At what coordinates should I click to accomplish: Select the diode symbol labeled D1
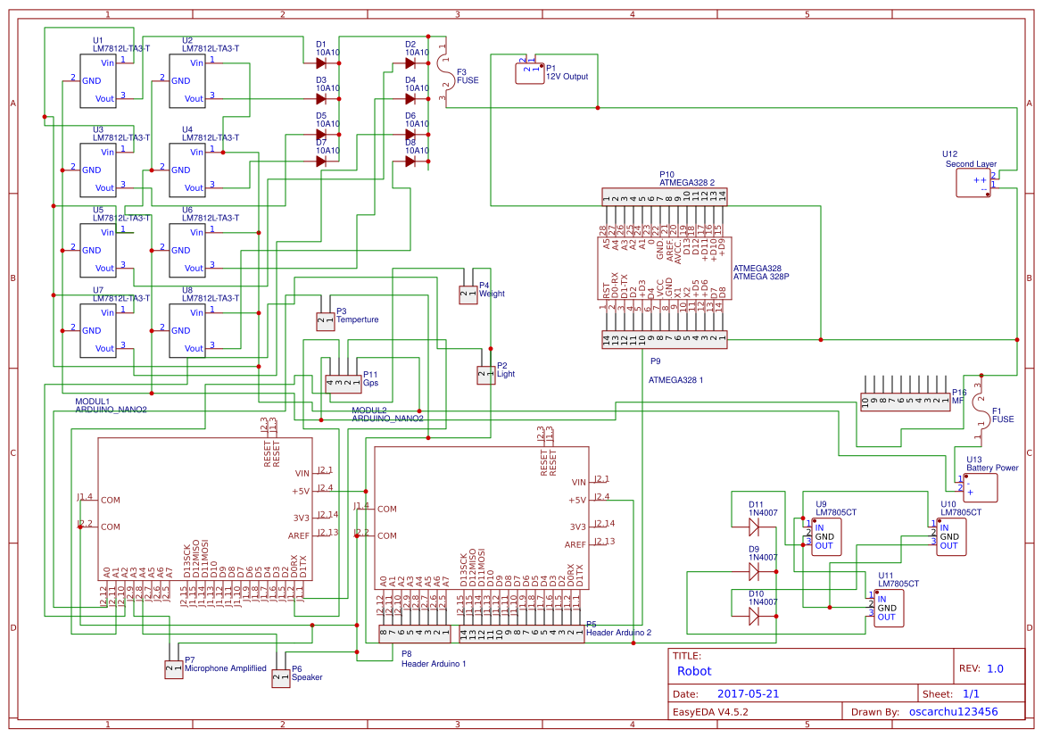320,62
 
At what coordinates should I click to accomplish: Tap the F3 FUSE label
467,76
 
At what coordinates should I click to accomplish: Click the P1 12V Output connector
530,72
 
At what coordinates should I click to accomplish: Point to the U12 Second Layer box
973,183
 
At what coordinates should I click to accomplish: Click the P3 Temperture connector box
325,319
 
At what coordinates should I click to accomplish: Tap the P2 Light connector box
485,375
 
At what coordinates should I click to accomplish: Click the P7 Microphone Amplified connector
173,669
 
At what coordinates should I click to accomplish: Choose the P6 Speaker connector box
280,678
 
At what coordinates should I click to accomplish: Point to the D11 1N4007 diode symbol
754,527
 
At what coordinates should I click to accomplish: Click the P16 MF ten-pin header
905,402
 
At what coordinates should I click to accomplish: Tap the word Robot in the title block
695,671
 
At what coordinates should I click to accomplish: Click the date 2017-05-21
749,693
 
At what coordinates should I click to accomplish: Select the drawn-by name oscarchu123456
953,711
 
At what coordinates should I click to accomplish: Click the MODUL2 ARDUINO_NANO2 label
386,413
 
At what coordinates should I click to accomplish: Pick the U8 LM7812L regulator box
187,330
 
